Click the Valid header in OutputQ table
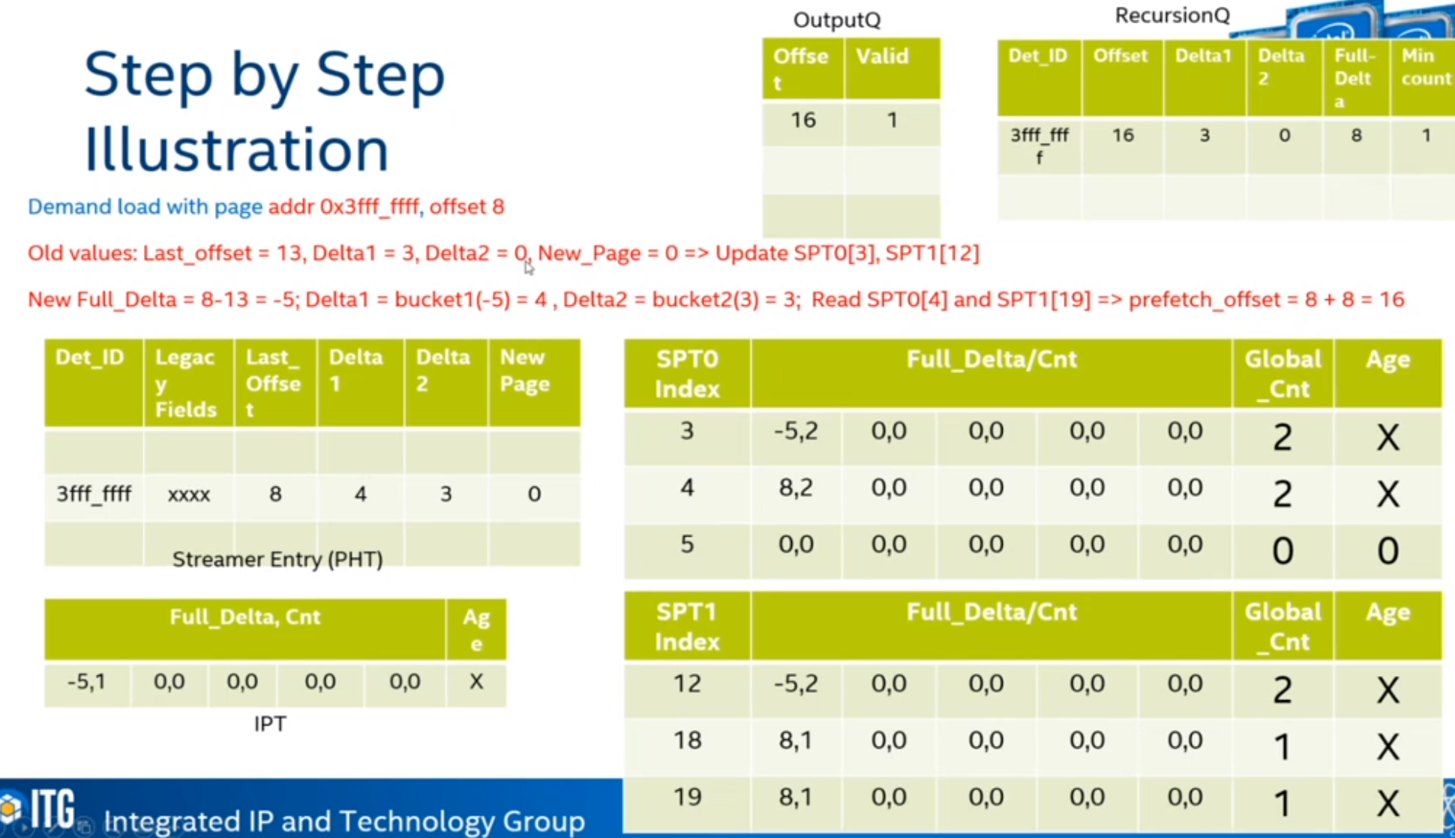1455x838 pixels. pyautogui.click(x=882, y=56)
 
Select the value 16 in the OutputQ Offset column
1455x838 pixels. pyautogui.click(x=803, y=120)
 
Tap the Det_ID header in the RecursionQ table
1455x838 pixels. pyautogui.click(x=1038, y=55)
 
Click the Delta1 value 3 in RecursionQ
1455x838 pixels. pyautogui.click(x=1204, y=136)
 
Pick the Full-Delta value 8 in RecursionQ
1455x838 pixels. pyautogui.click(x=1356, y=136)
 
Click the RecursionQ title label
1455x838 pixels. pyautogui.click(x=1172, y=16)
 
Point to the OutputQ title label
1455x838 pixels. pyautogui.click(x=837, y=20)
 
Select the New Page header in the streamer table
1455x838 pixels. pyautogui.click(x=525, y=370)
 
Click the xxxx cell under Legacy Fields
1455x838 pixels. pyautogui.click(x=188, y=495)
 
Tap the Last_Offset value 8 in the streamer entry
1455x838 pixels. pyautogui.click(x=275, y=494)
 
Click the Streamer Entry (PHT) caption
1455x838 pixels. pyautogui.click(x=277, y=560)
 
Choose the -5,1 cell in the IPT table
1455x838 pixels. pyautogui.click(x=86, y=682)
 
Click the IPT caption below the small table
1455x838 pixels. pyautogui.click(x=270, y=724)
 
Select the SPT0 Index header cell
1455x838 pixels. pyautogui.click(x=687, y=374)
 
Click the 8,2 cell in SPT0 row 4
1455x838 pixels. pyautogui.click(x=796, y=489)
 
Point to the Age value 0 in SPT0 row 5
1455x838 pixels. pyautogui.click(x=1387, y=551)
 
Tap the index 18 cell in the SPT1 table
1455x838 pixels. pyautogui.click(x=687, y=741)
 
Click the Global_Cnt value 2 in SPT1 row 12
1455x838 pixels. pyautogui.click(x=1282, y=690)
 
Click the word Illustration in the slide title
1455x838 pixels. pyautogui.click(x=236, y=148)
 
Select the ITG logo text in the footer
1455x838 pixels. pyautogui.click(x=52, y=809)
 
